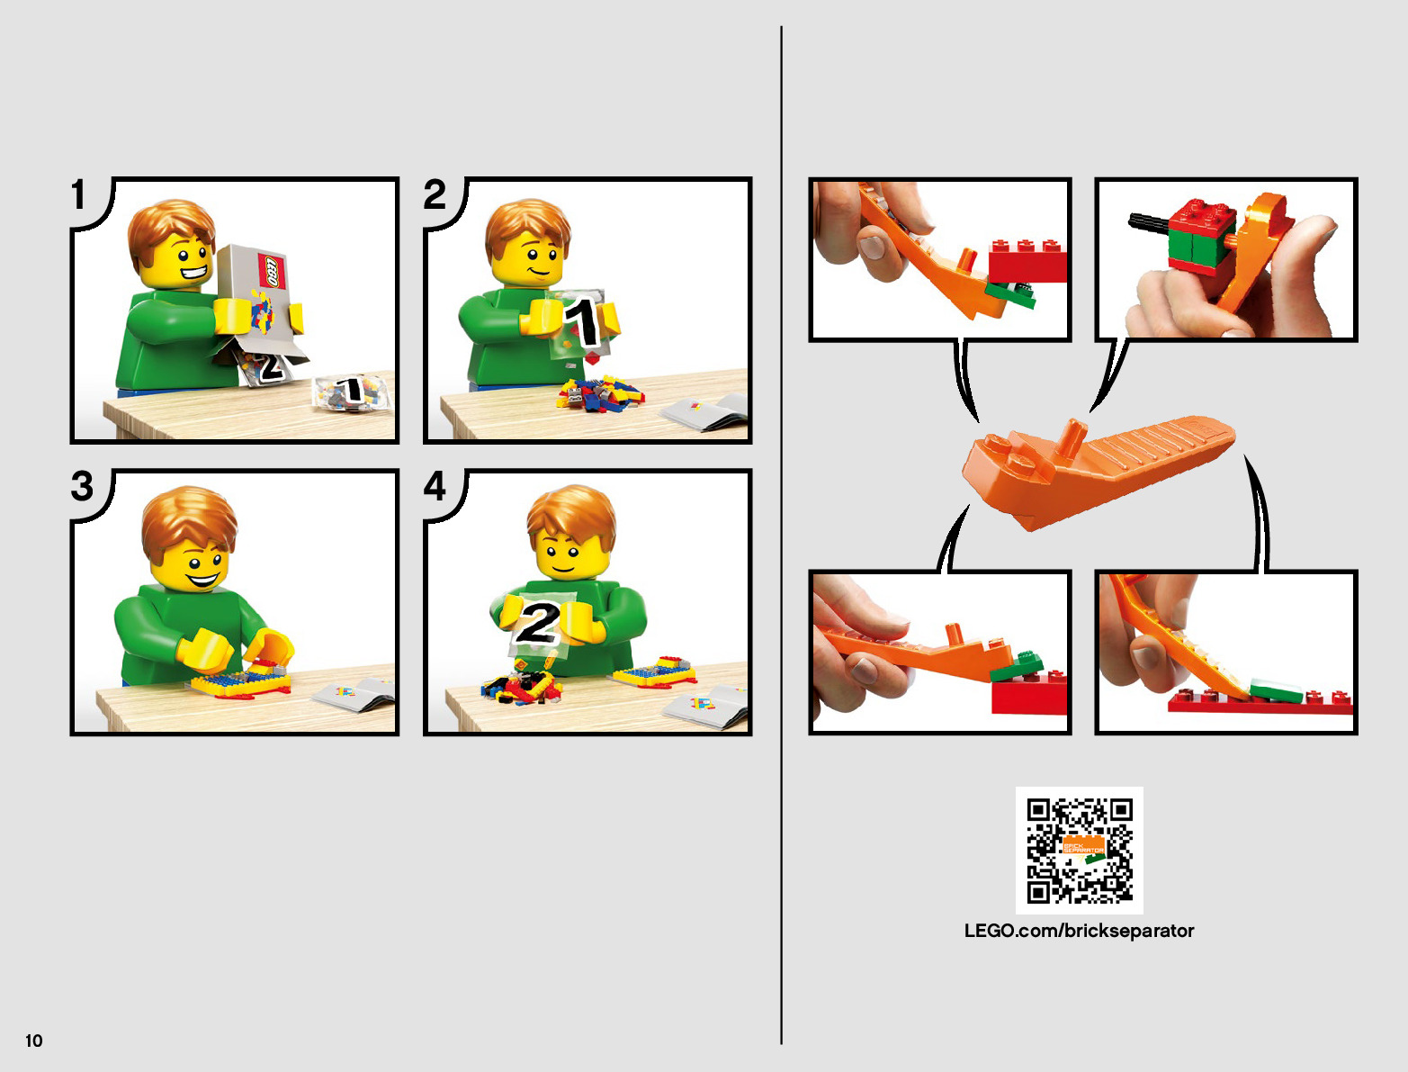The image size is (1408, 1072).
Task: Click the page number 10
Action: pyautogui.click(x=33, y=1040)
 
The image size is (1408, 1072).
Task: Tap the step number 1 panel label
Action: pyautogui.click(x=78, y=194)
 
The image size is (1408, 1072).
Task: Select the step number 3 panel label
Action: pyautogui.click(x=82, y=486)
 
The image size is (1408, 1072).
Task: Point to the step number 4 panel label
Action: pyautogui.click(x=435, y=486)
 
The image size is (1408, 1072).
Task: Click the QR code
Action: pyautogui.click(x=1079, y=850)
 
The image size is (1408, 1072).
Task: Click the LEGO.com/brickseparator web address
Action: pyautogui.click(x=1079, y=931)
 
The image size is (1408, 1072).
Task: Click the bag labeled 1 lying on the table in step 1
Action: pyautogui.click(x=352, y=392)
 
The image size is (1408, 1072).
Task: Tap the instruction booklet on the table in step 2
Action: pyautogui.click(x=705, y=412)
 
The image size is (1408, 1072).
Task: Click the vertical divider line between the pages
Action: pyautogui.click(x=781, y=535)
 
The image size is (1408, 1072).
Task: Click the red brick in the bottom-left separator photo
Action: pyautogui.click(x=1029, y=694)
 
